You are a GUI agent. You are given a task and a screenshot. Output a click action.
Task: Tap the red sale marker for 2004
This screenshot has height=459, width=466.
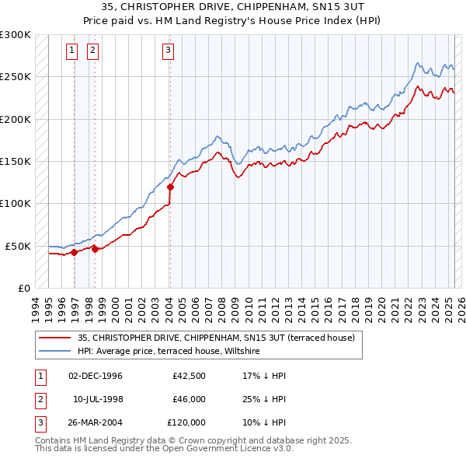pos(170,187)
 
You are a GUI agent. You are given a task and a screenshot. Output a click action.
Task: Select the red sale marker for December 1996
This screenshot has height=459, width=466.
pos(74,252)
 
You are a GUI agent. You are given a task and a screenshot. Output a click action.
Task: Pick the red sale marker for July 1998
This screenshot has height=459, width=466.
pos(95,249)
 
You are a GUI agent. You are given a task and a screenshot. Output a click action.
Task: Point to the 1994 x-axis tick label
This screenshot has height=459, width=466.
pos(35,303)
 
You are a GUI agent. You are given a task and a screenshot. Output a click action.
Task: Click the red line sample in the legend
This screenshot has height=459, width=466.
pos(54,338)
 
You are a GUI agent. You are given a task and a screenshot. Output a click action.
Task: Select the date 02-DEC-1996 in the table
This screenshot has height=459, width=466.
pos(96,376)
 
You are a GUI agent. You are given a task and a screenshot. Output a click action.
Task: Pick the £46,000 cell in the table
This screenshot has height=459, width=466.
pos(189,399)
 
